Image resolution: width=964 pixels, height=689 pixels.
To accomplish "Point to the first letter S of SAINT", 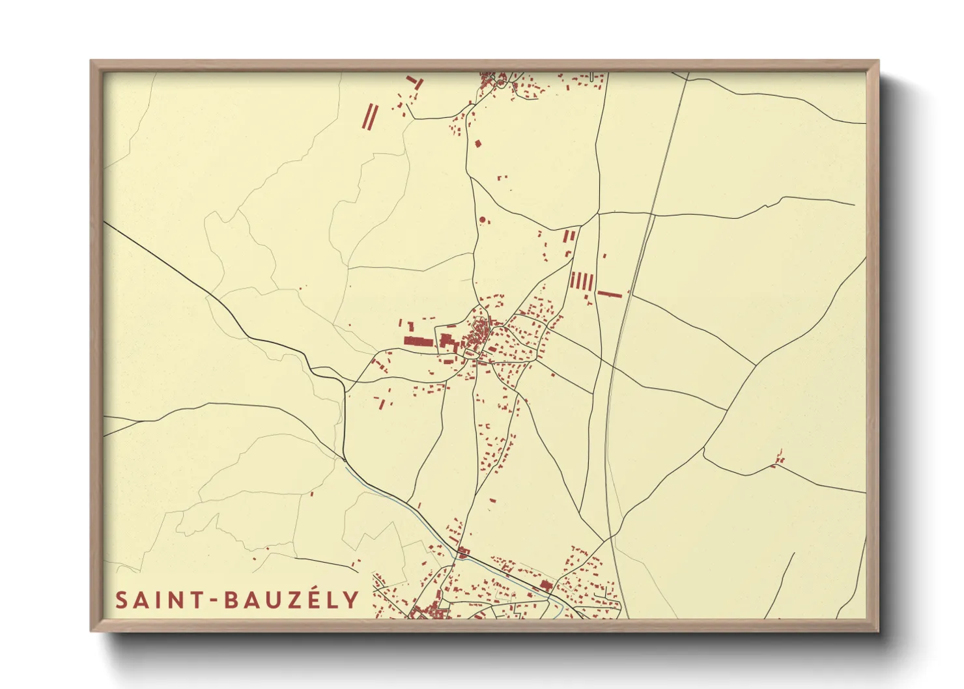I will coord(121,600).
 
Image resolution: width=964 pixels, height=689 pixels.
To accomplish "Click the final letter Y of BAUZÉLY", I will coord(352,600).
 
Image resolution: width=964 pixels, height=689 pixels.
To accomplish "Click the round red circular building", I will coord(483,220).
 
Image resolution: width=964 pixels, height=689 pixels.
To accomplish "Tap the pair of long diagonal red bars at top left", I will coord(370,117).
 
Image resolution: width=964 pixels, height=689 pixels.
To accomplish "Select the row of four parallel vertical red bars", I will coord(582,281).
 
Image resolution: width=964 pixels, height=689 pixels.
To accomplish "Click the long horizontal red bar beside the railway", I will coord(610,294).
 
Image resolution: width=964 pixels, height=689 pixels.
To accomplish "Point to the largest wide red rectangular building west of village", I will coord(418,341).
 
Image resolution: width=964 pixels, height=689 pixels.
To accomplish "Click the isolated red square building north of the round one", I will coord(477,143).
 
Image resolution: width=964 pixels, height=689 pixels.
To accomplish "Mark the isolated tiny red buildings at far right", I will coord(778,460).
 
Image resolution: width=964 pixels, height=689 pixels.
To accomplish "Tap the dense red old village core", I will coord(480,335).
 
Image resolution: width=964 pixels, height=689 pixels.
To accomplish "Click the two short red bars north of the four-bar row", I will coord(570,236).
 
